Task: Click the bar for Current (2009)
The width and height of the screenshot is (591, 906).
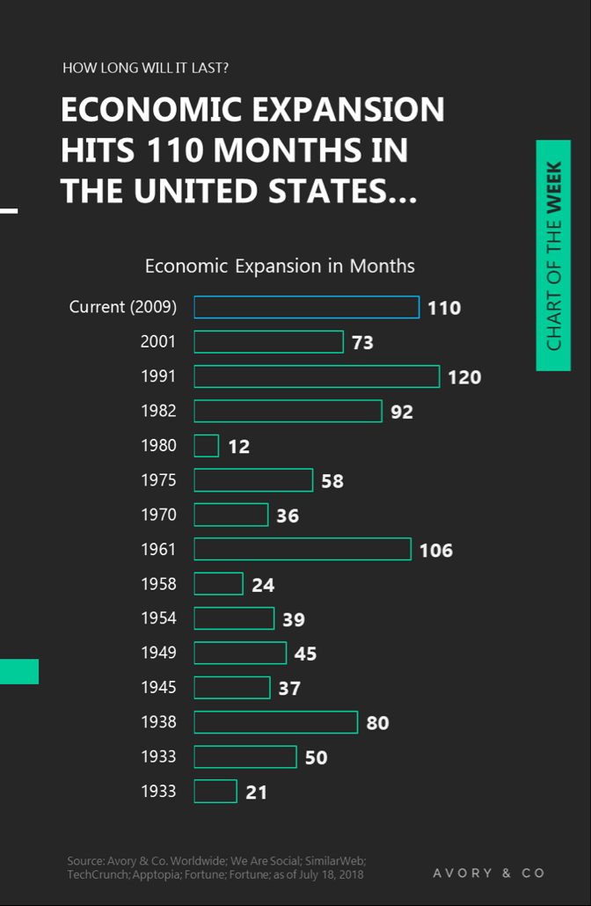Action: (306, 307)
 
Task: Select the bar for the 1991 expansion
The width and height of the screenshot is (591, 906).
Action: (317, 376)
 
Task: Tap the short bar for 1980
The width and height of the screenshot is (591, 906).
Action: (207, 446)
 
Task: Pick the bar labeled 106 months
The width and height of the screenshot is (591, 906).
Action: (303, 550)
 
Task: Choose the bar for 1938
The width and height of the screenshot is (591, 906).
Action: (276, 722)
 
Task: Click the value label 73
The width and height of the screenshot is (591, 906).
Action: (362, 343)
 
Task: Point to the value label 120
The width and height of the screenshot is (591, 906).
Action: (464, 377)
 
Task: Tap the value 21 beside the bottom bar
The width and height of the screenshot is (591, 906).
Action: (256, 793)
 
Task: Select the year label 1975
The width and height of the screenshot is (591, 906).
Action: (158, 480)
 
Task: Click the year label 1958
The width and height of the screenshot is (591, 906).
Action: (158, 584)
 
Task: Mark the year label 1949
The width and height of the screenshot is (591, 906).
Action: (158, 653)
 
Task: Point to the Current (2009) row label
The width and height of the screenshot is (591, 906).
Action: (123, 307)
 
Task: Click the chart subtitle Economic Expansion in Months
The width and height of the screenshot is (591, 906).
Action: (280, 266)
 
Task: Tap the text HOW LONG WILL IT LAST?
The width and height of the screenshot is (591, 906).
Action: (146, 68)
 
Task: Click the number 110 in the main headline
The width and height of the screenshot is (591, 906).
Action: (174, 150)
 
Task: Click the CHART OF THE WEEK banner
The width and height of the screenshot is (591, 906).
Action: (553, 255)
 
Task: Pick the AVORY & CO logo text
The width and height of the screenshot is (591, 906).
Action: (489, 873)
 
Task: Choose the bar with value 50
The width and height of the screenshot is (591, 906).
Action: (245, 756)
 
